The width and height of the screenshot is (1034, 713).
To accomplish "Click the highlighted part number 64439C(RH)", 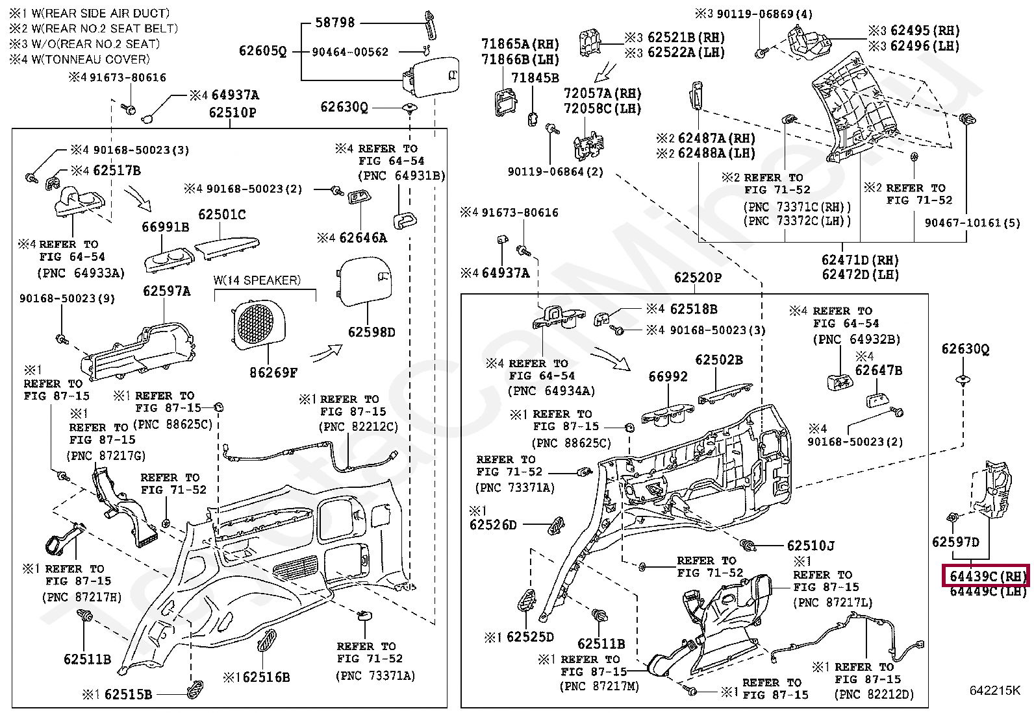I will point(986,575).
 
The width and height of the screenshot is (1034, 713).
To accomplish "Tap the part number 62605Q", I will point(262,51).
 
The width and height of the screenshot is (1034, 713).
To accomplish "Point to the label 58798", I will point(334,23).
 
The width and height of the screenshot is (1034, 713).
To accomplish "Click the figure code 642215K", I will point(995,690).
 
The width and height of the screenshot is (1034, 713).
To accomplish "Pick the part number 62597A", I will point(167,291).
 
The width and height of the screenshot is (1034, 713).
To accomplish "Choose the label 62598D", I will point(371,332).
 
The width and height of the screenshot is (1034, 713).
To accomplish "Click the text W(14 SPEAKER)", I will point(257,280).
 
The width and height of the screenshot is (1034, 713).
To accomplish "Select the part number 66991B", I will point(166,227).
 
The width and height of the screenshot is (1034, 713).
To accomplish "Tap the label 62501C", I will point(222,215).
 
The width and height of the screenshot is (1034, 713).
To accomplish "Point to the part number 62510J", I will point(811,546).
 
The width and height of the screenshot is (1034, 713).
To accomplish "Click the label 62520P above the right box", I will point(698,278).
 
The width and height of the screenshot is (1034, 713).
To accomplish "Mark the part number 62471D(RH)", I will point(861,260).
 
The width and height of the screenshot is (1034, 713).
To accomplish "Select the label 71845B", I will point(535,79).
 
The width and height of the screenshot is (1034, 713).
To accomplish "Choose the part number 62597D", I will point(955,542).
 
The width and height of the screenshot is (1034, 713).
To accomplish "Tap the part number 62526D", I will point(493,524).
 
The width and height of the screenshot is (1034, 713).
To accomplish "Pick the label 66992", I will point(668,376).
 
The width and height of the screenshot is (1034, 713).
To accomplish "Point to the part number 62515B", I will point(128,694).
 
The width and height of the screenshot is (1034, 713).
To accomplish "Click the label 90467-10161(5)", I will point(972,223).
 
